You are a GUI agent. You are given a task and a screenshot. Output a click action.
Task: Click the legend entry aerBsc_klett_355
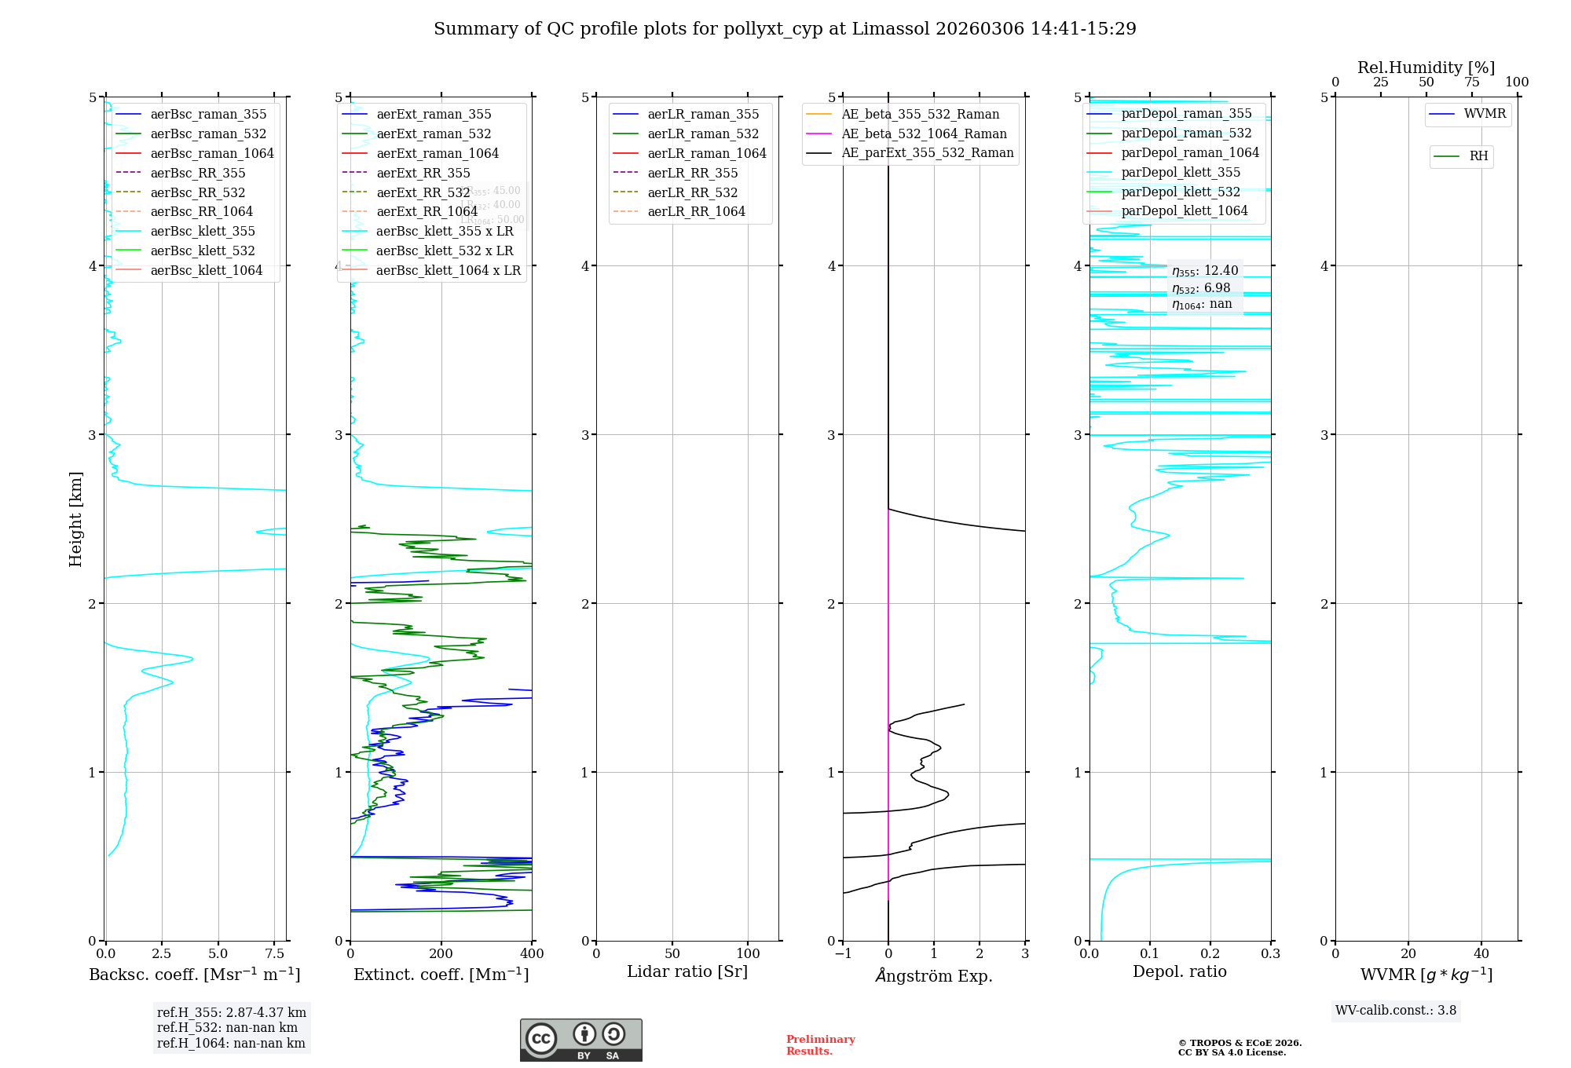(203, 231)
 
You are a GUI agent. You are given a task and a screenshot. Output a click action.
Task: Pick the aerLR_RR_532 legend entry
(693, 192)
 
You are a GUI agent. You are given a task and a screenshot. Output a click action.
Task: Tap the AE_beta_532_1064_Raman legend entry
(924, 133)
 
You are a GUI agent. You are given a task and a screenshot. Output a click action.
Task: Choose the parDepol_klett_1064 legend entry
(1185, 210)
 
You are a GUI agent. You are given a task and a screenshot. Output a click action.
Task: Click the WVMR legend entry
(1485, 114)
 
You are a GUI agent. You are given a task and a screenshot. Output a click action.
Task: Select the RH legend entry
(1478, 156)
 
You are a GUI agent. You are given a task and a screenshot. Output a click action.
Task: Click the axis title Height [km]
(75, 519)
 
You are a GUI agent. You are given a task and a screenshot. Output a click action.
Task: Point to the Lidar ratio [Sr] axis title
(687, 971)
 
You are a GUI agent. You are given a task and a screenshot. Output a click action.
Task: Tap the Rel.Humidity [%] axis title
(1426, 68)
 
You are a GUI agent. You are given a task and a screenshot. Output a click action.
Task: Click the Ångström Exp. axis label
(934, 975)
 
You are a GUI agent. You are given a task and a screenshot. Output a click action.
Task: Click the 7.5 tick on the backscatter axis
(275, 953)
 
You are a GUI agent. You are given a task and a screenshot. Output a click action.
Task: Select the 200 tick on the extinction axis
(441, 953)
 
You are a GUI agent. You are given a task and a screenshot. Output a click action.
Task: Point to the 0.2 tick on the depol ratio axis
(1210, 953)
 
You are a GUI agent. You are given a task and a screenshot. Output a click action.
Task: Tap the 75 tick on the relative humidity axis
(1472, 82)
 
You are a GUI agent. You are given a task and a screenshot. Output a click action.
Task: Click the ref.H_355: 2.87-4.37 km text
(232, 1013)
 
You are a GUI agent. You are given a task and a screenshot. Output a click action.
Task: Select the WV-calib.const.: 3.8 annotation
(1396, 1010)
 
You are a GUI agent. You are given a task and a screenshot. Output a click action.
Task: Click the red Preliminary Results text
(820, 1045)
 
